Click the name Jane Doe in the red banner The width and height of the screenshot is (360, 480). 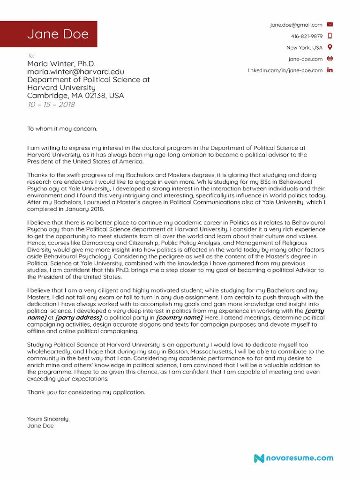[x=58, y=34]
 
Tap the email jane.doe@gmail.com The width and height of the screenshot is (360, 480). [x=296, y=25]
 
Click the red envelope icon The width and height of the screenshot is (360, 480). [x=330, y=24]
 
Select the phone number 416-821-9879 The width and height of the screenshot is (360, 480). [x=307, y=36]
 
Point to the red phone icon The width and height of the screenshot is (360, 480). [x=330, y=36]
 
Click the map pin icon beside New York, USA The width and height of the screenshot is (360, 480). [x=330, y=47]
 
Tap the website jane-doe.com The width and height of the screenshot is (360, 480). [x=305, y=59]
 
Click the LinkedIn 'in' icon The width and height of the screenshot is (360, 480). [x=330, y=70]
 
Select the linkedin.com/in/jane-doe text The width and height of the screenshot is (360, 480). [x=285, y=70]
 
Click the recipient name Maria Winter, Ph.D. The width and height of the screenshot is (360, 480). [x=61, y=64]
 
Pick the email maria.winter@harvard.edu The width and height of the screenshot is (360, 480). [x=75, y=72]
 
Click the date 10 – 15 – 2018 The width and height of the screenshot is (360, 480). [x=51, y=104]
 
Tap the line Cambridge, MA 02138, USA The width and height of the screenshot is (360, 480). [x=75, y=96]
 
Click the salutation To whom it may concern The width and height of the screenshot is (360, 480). [x=61, y=128]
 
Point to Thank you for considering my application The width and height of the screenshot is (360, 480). [x=86, y=392]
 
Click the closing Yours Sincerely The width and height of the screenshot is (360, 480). [x=48, y=419]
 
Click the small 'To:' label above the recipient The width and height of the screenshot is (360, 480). [x=31, y=55]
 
